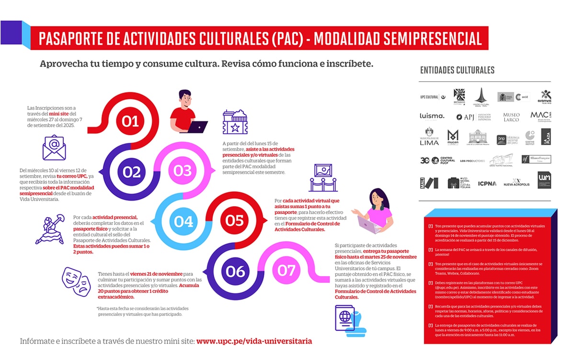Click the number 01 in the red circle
[x=130, y=121]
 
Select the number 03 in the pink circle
[x=183, y=171]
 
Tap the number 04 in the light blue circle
[x=183, y=221]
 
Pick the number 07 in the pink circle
[x=286, y=270]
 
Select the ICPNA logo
[x=487, y=183]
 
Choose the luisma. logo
[x=432, y=116]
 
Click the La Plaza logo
[x=546, y=137]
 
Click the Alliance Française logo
[x=536, y=159]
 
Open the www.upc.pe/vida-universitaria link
[x=254, y=341]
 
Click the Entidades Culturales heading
[x=457, y=70]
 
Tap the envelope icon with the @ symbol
[x=54, y=147]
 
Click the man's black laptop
[x=197, y=127]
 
